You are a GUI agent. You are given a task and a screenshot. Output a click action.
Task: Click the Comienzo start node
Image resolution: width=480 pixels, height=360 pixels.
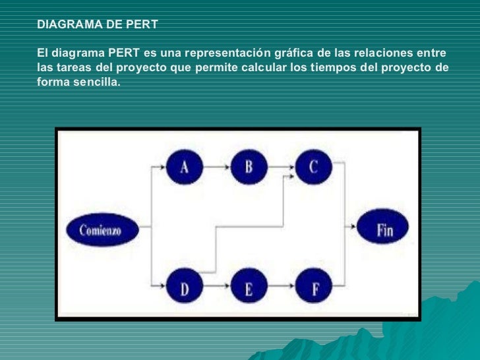coord(100,231)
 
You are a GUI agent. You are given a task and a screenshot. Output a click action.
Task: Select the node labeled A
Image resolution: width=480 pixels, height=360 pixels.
coord(184,167)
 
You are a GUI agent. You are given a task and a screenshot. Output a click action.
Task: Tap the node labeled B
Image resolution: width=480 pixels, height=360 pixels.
coord(249,167)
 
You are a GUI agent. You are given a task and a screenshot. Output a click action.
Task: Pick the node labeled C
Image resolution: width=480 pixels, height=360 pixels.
coord(313,167)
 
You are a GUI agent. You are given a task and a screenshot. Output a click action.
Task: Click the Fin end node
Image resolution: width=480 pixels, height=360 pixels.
coord(384,230)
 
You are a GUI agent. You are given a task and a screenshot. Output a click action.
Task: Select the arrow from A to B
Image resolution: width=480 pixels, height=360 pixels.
coord(216,167)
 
